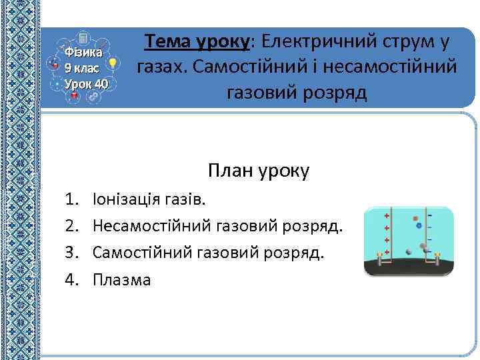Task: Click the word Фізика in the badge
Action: [83, 52]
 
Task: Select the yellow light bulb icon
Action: [113, 64]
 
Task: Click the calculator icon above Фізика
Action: [83, 38]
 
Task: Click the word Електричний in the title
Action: [316, 42]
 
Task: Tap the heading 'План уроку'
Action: [259, 171]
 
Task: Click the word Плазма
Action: [122, 279]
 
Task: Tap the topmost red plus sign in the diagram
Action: [387, 217]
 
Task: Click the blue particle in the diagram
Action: [419, 226]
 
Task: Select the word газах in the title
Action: [161, 67]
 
